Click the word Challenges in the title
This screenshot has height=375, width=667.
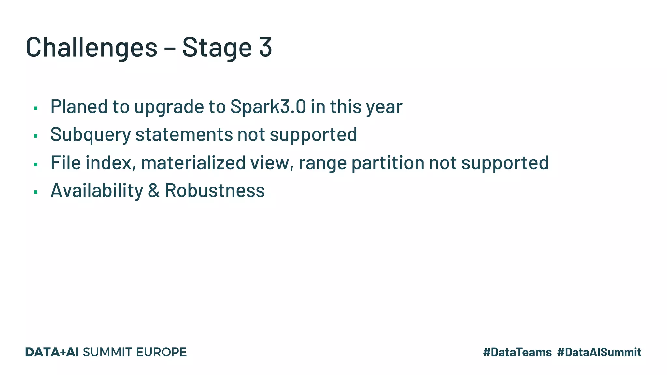(92, 48)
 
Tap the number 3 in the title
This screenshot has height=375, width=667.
(265, 48)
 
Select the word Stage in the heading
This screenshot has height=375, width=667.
(217, 48)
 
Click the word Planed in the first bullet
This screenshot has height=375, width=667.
(79, 106)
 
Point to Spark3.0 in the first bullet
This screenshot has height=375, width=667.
(268, 106)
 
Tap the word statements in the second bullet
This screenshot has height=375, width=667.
(184, 134)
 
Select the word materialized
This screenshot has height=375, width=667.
(193, 162)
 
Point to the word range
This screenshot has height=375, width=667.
(322, 163)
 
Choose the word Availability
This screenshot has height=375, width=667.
(97, 190)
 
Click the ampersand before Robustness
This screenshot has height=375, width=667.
(154, 190)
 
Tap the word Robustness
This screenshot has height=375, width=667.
(215, 190)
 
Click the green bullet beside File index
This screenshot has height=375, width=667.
(35, 164)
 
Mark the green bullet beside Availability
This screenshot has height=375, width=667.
(35, 192)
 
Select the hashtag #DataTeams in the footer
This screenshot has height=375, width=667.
(517, 352)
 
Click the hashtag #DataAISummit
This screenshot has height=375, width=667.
(599, 352)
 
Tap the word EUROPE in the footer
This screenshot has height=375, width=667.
(161, 352)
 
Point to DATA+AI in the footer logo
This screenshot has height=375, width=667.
(52, 352)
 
